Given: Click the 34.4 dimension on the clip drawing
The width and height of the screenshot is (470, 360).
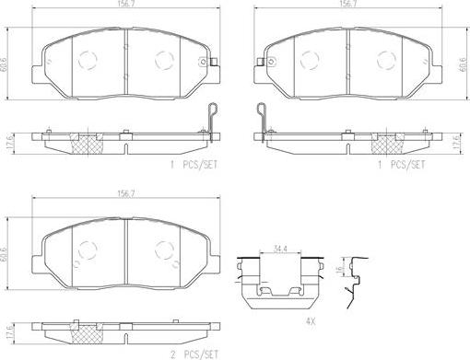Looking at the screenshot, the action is (280, 250).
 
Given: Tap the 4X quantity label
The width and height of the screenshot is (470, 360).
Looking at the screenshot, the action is (311, 321).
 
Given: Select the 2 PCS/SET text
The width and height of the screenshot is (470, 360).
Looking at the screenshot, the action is (194, 355).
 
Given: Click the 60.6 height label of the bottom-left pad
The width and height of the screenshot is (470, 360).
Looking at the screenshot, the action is (4, 253).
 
